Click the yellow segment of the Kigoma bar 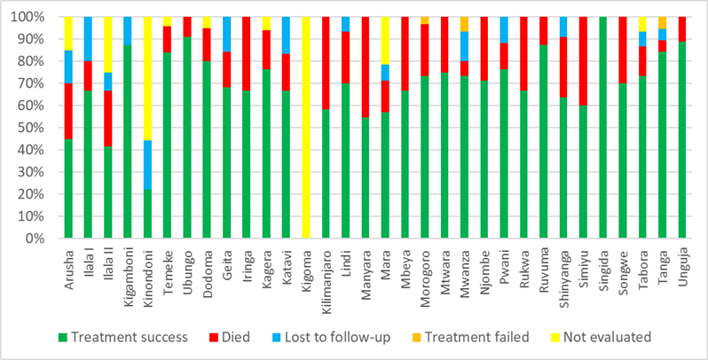pyautogui.click(x=306, y=127)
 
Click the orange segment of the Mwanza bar pyautogui.click(x=464, y=24)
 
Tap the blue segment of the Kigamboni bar pyautogui.click(x=128, y=30)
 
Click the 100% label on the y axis pyautogui.click(x=38, y=17)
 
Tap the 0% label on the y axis pyautogui.click(x=45, y=239)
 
